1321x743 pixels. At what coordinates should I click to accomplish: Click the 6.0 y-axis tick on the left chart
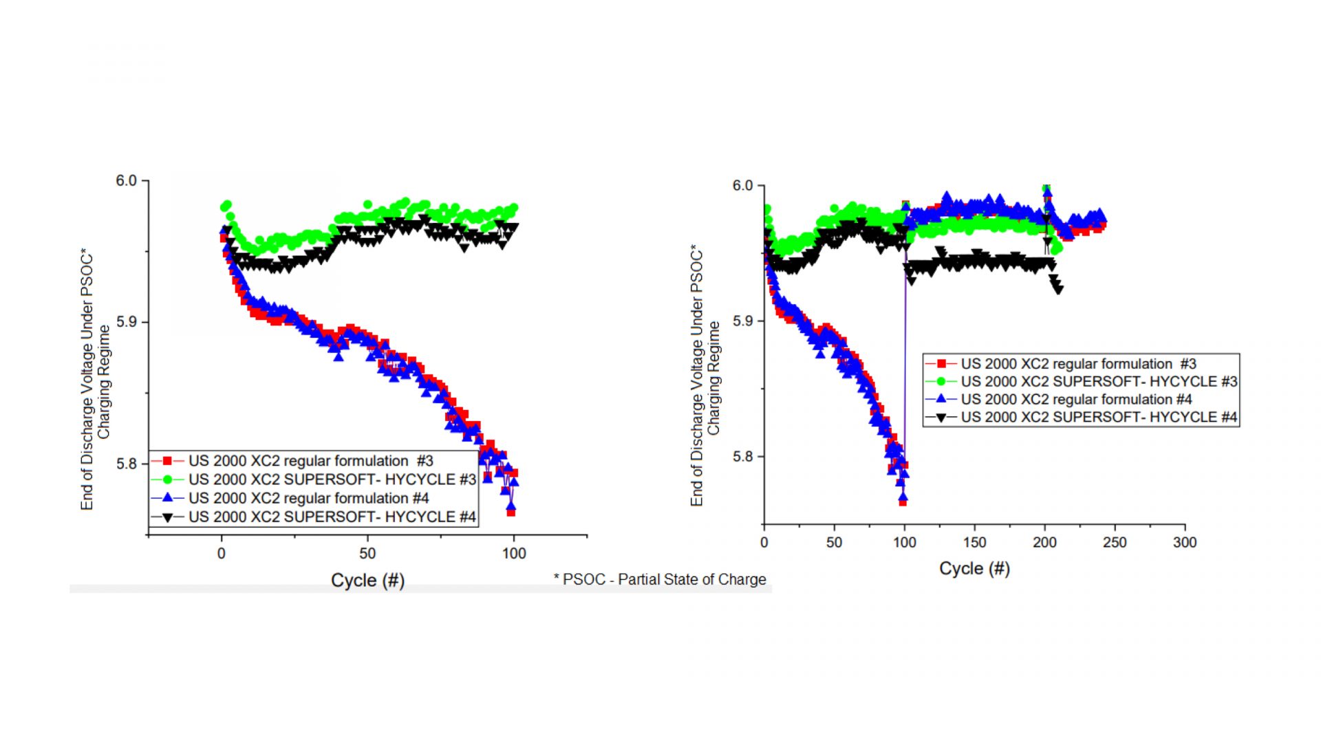127,181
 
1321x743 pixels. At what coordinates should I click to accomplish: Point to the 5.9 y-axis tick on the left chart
127,322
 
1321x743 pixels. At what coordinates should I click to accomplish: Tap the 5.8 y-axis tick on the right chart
743,457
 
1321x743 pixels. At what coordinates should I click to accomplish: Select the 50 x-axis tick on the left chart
367,554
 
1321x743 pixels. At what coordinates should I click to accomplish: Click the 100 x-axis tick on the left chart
514,554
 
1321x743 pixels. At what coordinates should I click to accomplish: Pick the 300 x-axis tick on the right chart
1185,543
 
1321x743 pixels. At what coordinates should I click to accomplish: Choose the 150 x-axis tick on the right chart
974,543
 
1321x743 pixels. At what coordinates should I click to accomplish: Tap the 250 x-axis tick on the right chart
1115,543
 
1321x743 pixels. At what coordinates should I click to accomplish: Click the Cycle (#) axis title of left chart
367,581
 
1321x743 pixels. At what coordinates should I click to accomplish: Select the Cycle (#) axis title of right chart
974,569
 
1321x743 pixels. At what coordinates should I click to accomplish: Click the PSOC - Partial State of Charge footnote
660,580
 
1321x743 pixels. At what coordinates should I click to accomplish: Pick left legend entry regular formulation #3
311,461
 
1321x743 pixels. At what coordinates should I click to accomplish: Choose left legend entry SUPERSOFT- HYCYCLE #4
332,517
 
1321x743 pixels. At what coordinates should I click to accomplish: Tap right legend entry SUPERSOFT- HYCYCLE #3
1099,382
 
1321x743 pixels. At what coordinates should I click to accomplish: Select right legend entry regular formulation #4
1076,400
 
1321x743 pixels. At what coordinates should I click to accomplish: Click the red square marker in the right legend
942,364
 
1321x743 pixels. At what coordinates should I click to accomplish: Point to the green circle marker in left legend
167,480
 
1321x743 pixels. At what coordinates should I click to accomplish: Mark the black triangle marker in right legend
942,418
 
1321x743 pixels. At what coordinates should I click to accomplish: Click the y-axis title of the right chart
705,376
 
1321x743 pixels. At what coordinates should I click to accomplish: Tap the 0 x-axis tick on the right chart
764,543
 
